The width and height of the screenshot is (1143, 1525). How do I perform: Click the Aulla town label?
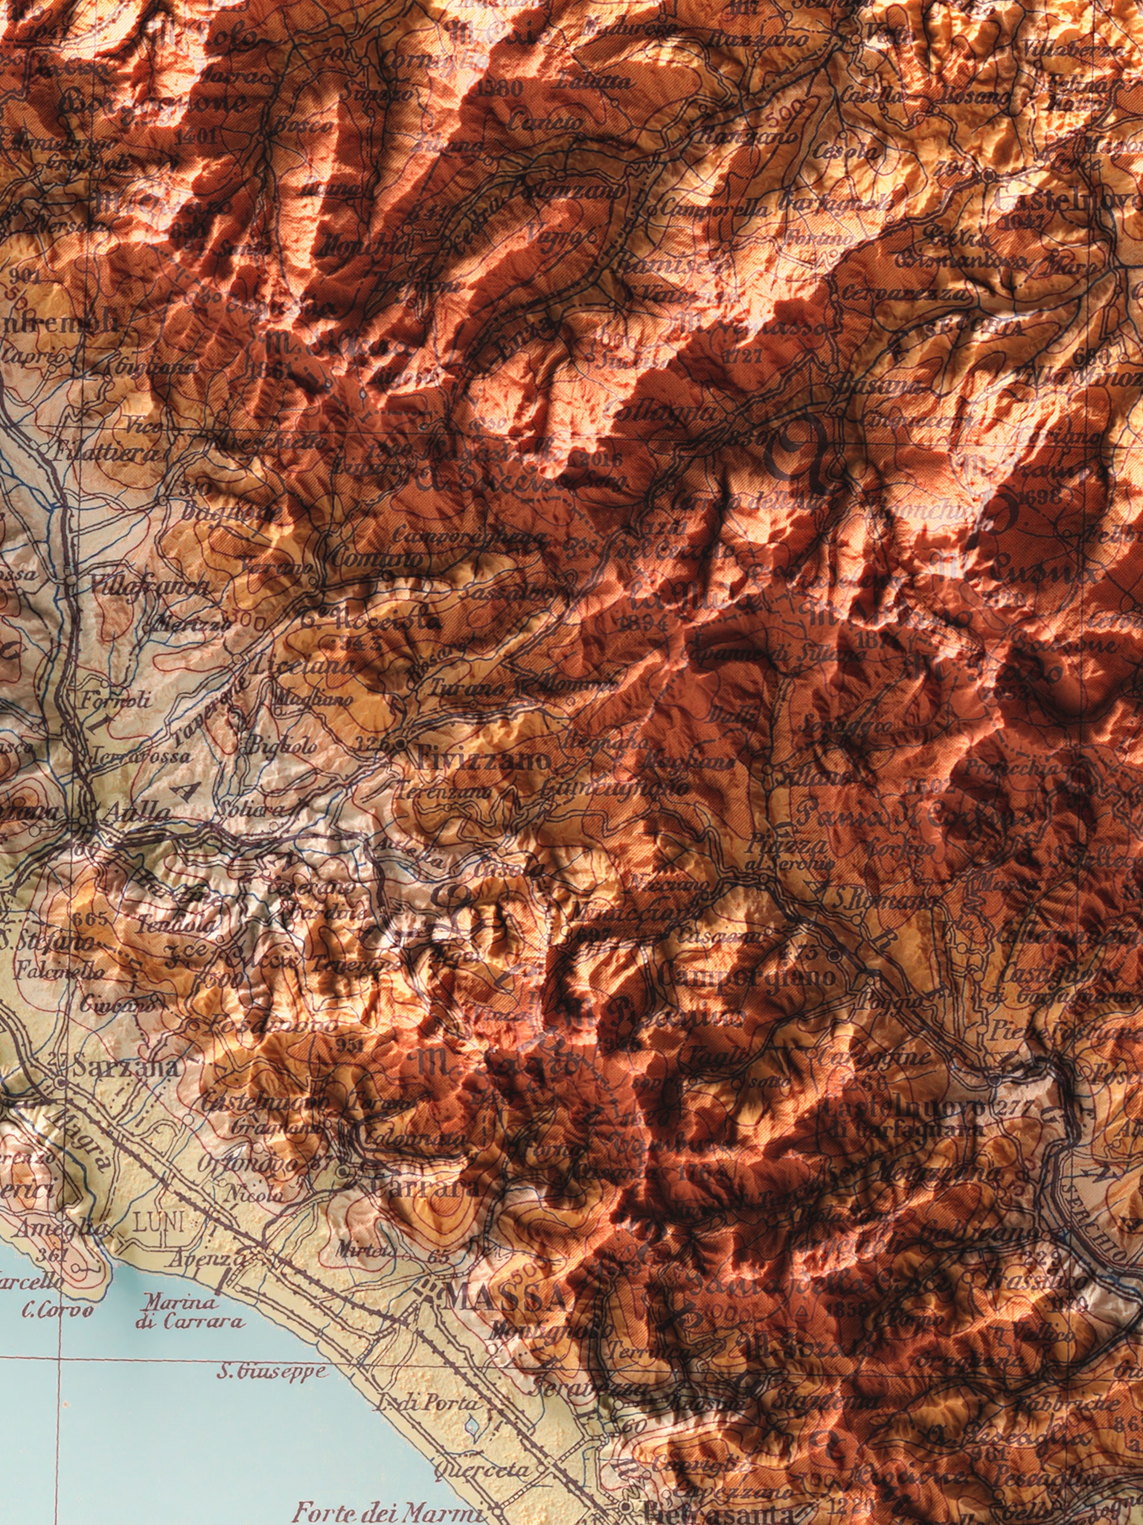click(134, 813)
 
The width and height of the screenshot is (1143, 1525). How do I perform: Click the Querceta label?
click(482, 1471)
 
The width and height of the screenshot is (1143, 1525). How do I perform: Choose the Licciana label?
click(304, 666)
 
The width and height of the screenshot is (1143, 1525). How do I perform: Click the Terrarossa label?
click(141, 755)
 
